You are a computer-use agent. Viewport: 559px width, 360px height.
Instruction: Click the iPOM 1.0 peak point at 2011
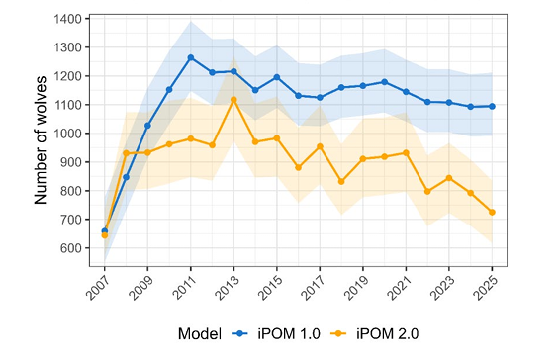pos(191,57)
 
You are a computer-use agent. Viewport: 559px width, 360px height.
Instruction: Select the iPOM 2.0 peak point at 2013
pos(233,100)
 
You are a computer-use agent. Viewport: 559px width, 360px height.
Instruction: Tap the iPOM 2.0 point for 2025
pos(492,212)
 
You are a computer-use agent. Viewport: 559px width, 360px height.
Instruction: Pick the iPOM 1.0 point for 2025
pos(492,106)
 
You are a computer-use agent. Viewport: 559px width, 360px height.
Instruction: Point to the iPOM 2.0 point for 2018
pos(341,181)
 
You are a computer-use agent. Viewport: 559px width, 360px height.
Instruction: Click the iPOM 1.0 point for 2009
pos(147,126)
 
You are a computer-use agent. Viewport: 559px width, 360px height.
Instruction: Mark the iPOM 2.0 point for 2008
pos(126,153)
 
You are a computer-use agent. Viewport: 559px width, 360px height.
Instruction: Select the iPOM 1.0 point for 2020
pos(384,82)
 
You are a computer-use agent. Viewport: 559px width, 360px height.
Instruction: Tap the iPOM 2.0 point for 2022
pos(427,192)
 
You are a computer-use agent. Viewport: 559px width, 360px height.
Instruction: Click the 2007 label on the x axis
pos(98,288)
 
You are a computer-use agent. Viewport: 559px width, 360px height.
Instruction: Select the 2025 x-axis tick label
pos(485,288)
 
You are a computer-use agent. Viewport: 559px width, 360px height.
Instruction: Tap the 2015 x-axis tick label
pos(270,288)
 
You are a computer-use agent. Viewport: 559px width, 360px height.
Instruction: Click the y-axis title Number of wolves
pos(41,140)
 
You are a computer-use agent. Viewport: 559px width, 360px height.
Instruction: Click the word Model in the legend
pos(200,334)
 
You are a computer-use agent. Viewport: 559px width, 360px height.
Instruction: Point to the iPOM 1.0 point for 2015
pos(277,77)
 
